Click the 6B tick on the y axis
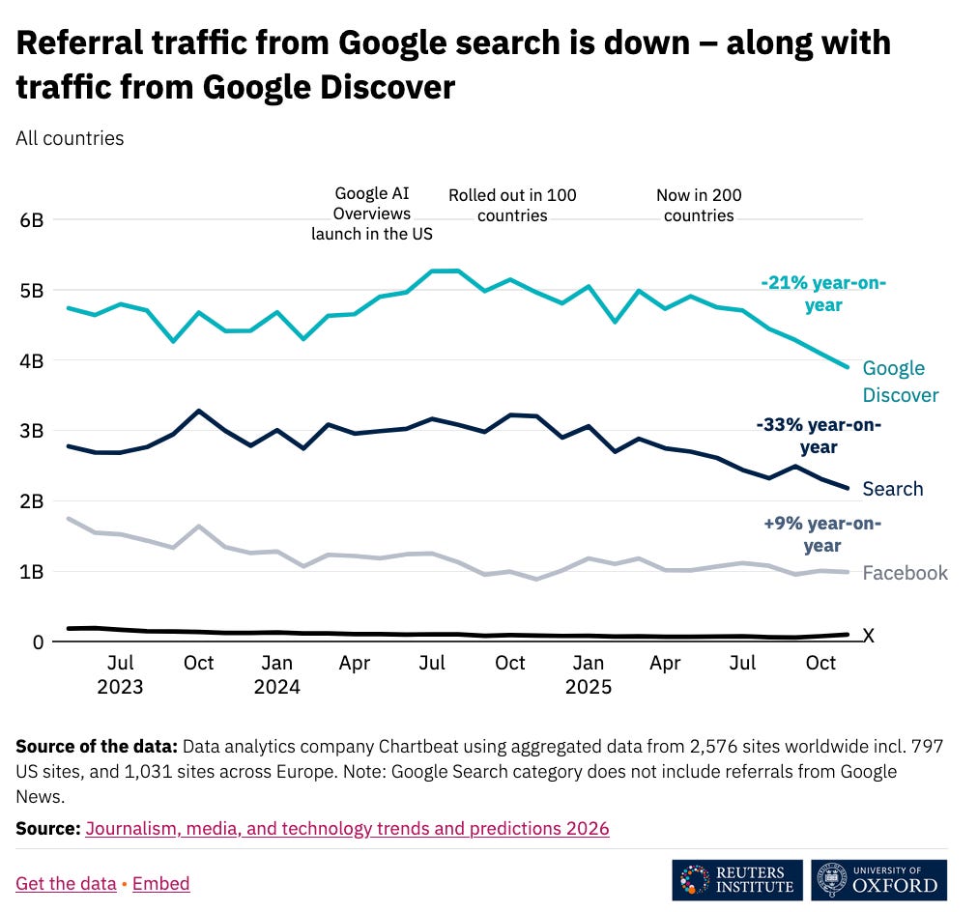pyautogui.click(x=31, y=219)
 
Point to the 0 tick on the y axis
pyautogui.click(x=38, y=642)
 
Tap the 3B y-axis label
pyautogui.click(x=31, y=431)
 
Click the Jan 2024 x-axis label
pyautogui.click(x=277, y=674)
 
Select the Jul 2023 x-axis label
pyautogui.click(x=120, y=674)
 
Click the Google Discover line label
pyautogui.click(x=900, y=382)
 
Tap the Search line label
pyautogui.click(x=892, y=489)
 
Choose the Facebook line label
pyautogui.click(x=905, y=573)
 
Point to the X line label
pyautogui.click(x=868, y=636)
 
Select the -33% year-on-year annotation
pyautogui.click(x=820, y=436)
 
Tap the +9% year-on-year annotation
pyautogui.click(x=821, y=534)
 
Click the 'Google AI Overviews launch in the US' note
pyautogui.click(x=372, y=214)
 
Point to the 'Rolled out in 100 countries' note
pyautogui.click(x=512, y=205)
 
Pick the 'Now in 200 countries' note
pyautogui.click(x=699, y=205)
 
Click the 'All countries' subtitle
pyautogui.click(x=70, y=138)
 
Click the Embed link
pyautogui.click(x=160, y=883)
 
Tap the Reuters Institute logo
pyautogui.click(x=737, y=879)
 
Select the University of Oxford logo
pyautogui.click(x=878, y=879)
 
